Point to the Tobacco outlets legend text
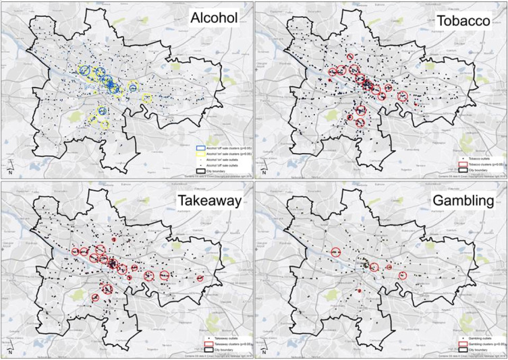click(x=472, y=157)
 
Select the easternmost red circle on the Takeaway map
click(x=200, y=278)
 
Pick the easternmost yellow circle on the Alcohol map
click(x=148, y=98)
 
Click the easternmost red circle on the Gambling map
click(x=403, y=275)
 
